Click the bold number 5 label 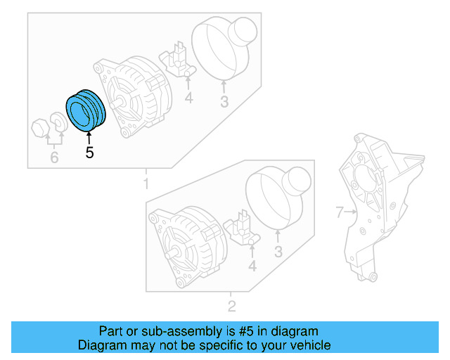point(89,152)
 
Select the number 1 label point(146,184)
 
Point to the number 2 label point(231,306)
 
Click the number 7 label point(338,211)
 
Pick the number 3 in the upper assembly point(224,103)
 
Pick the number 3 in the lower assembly point(278,252)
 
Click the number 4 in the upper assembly point(188,98)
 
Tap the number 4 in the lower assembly point(252,265)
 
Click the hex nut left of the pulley point(39,129)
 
